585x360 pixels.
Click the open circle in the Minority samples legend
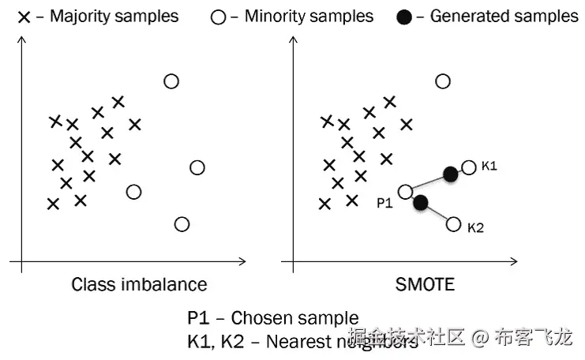point(219,17)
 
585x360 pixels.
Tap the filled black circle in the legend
point(404,17)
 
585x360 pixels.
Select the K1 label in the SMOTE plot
point(490,167)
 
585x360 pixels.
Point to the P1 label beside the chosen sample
point(384,203)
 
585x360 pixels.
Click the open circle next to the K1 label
point(469,167)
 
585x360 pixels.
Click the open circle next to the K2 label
point(453,224)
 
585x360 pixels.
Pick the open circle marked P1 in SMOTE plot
point(406,191)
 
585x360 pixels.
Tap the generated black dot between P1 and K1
point(450,174)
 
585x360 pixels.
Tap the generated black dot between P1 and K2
point(421,203)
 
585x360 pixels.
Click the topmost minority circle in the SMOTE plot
point(443,81)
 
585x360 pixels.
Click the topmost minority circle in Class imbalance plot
point(171,81)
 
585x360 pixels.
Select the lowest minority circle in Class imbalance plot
point(182,224)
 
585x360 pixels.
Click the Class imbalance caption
point(139,284)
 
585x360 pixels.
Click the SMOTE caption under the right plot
point(425,284)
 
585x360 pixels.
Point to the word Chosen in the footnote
point(265,318)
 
